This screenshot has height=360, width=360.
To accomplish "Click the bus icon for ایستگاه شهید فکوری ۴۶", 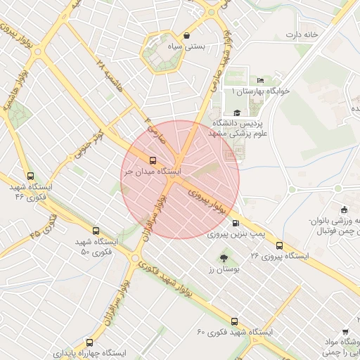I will (x=30, y=176).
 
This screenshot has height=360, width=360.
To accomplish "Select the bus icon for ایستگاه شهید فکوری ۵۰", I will (x=96, y=231).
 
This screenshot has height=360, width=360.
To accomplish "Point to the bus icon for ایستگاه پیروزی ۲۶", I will (x=279, y=245).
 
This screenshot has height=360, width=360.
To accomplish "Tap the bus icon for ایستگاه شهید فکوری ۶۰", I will (x=234, y=321).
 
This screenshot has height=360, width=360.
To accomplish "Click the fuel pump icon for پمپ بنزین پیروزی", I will (x=234, y=223).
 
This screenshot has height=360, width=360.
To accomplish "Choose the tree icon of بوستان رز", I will (x=224, y=257).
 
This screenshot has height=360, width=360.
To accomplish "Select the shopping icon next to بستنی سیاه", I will (x=186, y=36).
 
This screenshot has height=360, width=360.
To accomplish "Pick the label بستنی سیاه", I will (x=189, y=47).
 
